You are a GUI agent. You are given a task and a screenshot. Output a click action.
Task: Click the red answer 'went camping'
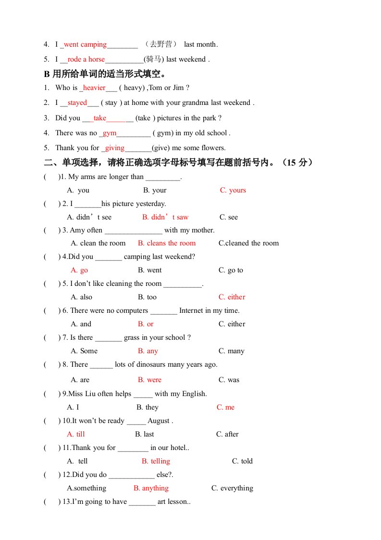click(x=85, y=45)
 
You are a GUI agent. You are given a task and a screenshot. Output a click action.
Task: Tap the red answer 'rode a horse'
click(x=86, y=60)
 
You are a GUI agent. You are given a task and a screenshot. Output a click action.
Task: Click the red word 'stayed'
click(x=77, y=103)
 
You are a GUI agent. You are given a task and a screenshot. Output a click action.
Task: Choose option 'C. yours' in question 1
click(x=233, y=190)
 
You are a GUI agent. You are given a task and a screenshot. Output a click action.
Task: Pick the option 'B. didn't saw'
click(x=165, y=217)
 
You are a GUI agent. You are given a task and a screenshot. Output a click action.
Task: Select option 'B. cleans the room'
click(x=167, y=243)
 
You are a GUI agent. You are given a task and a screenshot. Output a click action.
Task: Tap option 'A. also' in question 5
click(x=81, y=297)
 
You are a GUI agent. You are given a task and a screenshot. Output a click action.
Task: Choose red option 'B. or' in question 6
click(x=146, y=324)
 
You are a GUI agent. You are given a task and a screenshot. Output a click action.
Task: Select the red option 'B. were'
click(x=149, y=380)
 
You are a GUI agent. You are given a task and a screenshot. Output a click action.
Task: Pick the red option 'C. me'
click(x=225, y=407)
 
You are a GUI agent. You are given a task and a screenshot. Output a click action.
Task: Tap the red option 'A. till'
click(x=76, y=434)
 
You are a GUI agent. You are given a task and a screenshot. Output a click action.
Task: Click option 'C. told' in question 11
click(x=242, y=461)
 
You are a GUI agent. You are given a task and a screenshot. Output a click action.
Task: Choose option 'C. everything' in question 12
click(x=232, y=488)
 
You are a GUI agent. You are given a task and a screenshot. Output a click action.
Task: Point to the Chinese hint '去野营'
click(x=161, y=44)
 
